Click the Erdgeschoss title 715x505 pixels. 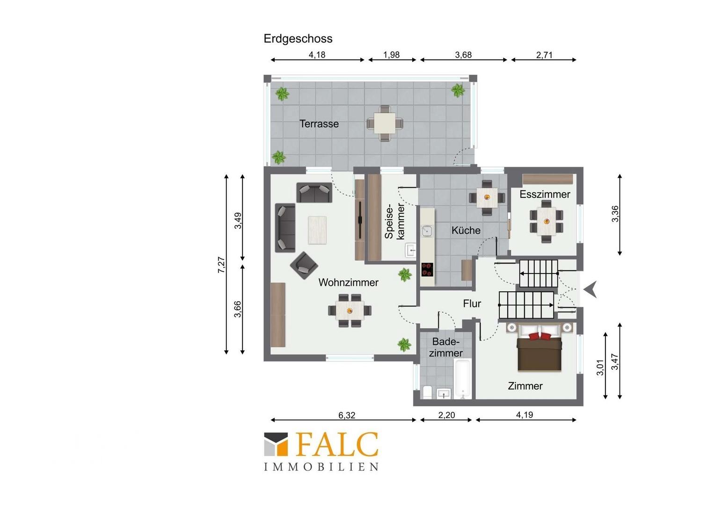298,39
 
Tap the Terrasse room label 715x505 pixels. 319,124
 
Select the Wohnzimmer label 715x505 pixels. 348,282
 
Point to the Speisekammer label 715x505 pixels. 394,221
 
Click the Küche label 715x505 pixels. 466,230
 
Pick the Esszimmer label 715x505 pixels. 545,194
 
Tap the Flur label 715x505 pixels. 472,303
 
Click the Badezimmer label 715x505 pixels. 445,347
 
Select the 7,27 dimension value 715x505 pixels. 221,265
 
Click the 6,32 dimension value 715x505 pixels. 347,415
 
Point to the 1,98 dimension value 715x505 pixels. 391,55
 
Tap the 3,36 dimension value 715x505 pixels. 615,214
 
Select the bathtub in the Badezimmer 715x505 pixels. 463,379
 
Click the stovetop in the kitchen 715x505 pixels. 427,269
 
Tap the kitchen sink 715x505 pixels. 427,231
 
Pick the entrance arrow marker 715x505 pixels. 591,289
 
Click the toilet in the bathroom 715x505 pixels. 427,392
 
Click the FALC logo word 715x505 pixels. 337,444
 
